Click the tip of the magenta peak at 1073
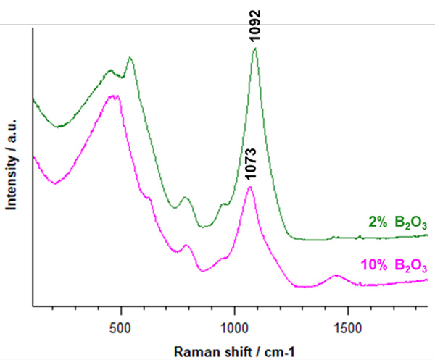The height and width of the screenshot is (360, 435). tap(250, 187)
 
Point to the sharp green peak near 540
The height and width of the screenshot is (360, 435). tap(130, 58)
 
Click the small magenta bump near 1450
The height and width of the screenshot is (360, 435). tap(336, 276)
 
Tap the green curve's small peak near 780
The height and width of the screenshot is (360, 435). tap(185, 197)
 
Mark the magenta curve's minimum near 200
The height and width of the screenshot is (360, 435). tap(55, 183)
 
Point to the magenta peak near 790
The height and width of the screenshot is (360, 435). tap(186, 246)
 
